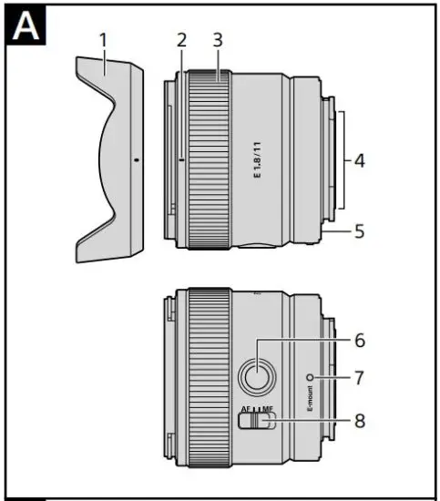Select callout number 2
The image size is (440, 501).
click(x=182, y=40)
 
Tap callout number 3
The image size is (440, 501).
click(x=217, y=40)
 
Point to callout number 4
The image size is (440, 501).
click(x=360, y=161)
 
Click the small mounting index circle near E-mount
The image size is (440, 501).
click(x=312, y=376)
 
